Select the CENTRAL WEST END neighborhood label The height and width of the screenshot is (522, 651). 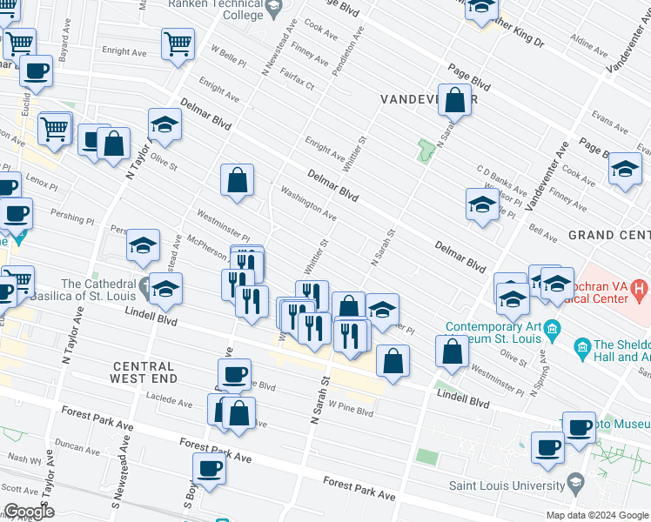tap(144, 371)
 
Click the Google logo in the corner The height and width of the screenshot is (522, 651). tap(28, 512)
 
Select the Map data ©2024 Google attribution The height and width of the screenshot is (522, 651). tap(597, 515)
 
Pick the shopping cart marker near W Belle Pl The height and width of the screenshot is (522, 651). tap(178, 43)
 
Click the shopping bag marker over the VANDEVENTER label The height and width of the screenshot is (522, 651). tap(454, 100)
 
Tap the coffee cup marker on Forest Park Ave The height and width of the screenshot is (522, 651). tap(209, 469)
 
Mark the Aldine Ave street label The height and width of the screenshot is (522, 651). tap(589, 43)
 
